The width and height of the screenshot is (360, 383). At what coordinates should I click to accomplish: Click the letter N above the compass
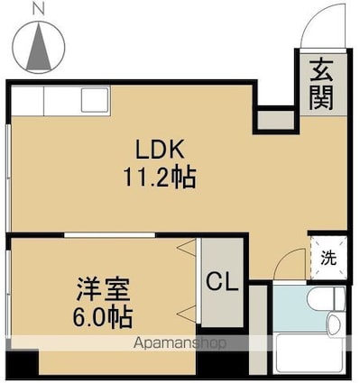pyautogui.click(x=39, y=10)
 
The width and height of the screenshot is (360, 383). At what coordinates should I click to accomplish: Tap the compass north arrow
pyautogui.click(x=39, y=47)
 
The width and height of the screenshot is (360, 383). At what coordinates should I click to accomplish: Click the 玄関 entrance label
pyautogui.click(x=321, y=85)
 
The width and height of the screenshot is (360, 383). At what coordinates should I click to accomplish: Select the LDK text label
pyautogui.click(x=160, y=150)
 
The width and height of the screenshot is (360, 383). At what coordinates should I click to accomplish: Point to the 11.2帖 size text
pyautogui.click(x=160, y=178)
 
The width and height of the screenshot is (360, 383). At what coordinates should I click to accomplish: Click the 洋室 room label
pyautogui.click(x=103, y=289)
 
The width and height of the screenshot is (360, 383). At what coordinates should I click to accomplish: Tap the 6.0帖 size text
pyautogui.click(x=103, y=317)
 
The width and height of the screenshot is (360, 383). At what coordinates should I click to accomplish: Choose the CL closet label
pyautogui.click(x=222, y=281)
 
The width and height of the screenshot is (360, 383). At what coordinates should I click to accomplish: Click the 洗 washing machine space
pyautogui.click(x=328, y=258)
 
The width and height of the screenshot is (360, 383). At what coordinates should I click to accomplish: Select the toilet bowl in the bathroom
pyautogui.click(x=326, y=298)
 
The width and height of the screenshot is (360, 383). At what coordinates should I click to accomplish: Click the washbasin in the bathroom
pyautogui.click(x=336, y=325)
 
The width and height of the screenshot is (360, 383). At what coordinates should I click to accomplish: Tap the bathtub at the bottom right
pyautogui.click(x=310, y=353)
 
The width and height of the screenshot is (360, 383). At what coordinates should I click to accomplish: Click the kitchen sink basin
pyautogui.click(x=95, y=100)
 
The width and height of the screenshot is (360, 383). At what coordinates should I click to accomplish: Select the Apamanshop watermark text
pyautogui.click(x=180, y=342)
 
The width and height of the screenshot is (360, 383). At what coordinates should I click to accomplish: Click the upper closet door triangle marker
pyautogui.click(x=187, y=248)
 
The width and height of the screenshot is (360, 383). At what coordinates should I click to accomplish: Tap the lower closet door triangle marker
pyautogui.click(x=187, y=315)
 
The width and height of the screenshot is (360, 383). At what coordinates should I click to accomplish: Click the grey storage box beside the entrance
pyautogui.click(x=276, y=120)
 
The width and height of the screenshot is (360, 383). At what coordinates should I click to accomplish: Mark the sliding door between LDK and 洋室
pyautogui.click(x=109, y=235)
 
